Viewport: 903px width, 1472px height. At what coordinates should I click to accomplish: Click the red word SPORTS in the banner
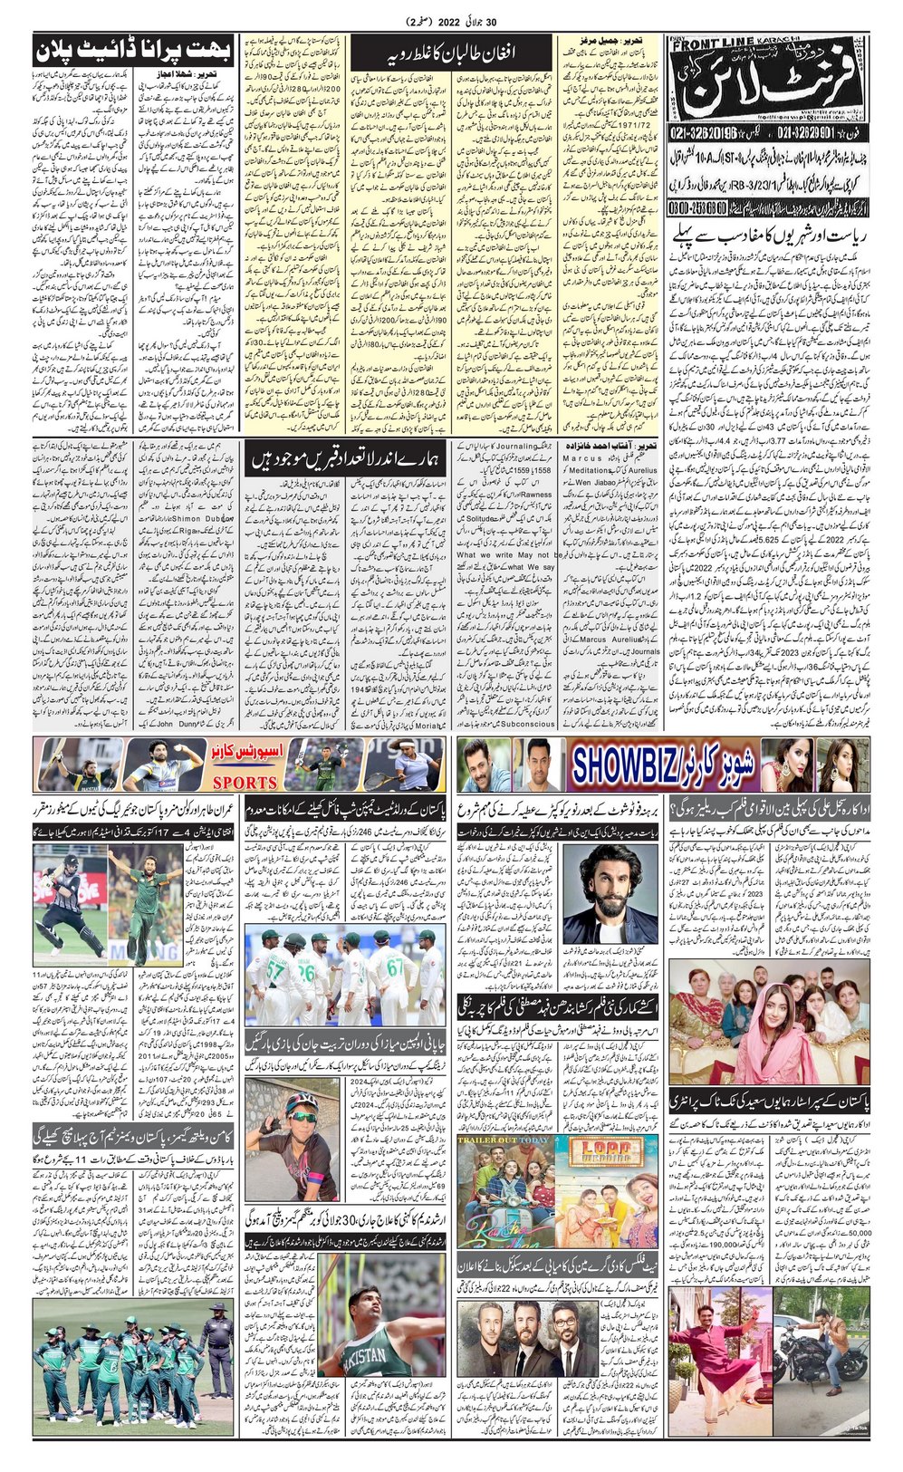point(244,782)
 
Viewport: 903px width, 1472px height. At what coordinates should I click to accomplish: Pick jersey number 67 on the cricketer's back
point(395,967)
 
